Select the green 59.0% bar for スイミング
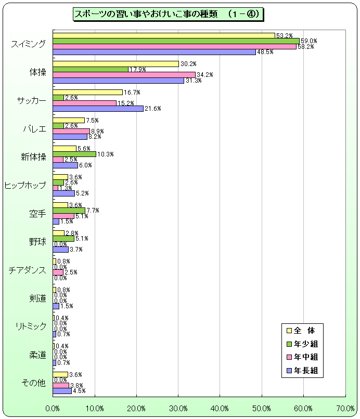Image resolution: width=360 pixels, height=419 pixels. [x=176, y=41]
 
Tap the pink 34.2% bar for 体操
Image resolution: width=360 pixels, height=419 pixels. [x=124, y=75]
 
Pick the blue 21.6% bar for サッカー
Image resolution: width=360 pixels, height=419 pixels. [x=98, y=109]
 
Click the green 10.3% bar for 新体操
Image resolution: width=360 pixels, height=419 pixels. [x=74, y=154]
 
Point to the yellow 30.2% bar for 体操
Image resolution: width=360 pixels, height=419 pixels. [x=115, y=64]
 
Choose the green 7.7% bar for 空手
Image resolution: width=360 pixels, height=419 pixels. [x=69, y=211]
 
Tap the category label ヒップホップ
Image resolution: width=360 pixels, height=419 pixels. [x=25, y=186]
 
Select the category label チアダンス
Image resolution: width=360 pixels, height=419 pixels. [x=28, y=270]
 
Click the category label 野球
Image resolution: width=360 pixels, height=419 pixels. [x=38, y=242]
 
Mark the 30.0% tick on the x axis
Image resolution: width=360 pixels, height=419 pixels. [x=178, y=408]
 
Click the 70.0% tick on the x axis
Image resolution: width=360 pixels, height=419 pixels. [x=345, y=408]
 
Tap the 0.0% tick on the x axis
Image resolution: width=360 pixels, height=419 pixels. [x=53, y=408]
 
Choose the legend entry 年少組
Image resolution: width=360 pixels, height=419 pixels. [x=305, y=344]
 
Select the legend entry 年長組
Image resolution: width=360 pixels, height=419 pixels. [x=305, y=371]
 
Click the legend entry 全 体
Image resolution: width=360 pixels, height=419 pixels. [x=304, y=330]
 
